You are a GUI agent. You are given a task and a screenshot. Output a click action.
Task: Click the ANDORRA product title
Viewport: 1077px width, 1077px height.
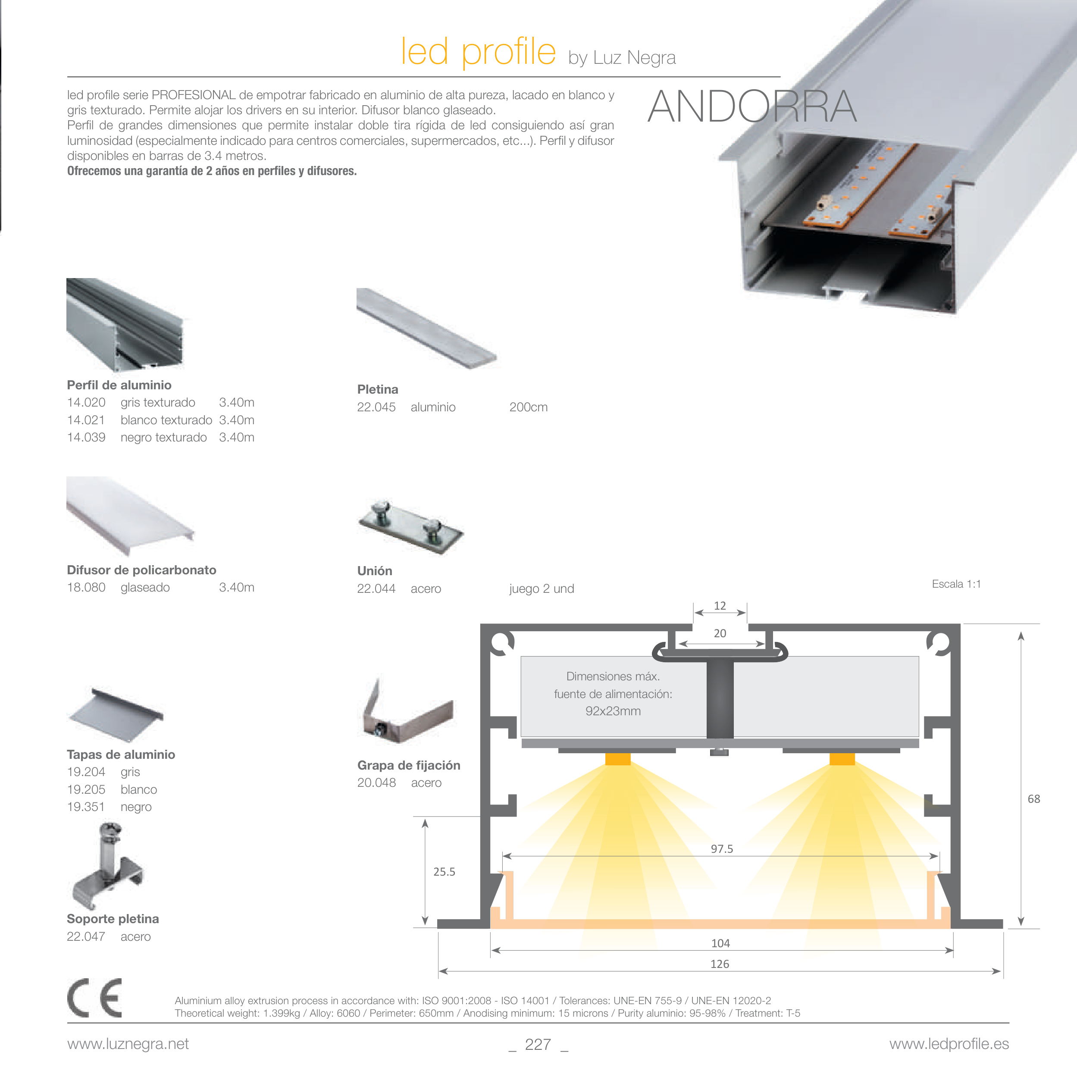pos(752,106)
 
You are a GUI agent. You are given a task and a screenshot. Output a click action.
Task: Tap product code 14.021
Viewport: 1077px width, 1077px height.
pos(86,420)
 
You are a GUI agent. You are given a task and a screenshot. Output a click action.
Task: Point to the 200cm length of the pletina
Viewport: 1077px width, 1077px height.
pos(529,407)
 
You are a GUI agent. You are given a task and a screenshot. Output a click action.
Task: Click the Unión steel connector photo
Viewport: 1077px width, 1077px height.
pos(411,527)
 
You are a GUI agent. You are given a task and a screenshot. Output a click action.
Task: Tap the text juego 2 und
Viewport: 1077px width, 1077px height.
pos(541,589)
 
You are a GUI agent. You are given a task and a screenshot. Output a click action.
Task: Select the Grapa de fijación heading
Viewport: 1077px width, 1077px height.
pos(409,765)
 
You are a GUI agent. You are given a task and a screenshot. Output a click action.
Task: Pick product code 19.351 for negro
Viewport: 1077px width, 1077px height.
pos(86,807)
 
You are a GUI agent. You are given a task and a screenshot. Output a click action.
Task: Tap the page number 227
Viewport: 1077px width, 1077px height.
pos(538,1044)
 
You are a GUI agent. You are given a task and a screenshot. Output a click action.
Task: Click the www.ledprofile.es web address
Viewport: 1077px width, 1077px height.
pos(949,1044)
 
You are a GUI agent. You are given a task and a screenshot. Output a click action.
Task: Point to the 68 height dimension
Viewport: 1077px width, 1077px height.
pos(1033,799)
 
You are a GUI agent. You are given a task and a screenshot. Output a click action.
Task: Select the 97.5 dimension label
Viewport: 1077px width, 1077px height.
pos(722,849)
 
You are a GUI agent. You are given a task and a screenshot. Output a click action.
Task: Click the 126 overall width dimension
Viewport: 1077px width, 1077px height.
pos(720,964)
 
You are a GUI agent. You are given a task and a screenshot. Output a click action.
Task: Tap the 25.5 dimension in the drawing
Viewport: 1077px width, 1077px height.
pos(444,872)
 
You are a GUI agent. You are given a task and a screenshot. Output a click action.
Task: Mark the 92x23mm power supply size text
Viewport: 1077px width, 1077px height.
pos(613,711)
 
